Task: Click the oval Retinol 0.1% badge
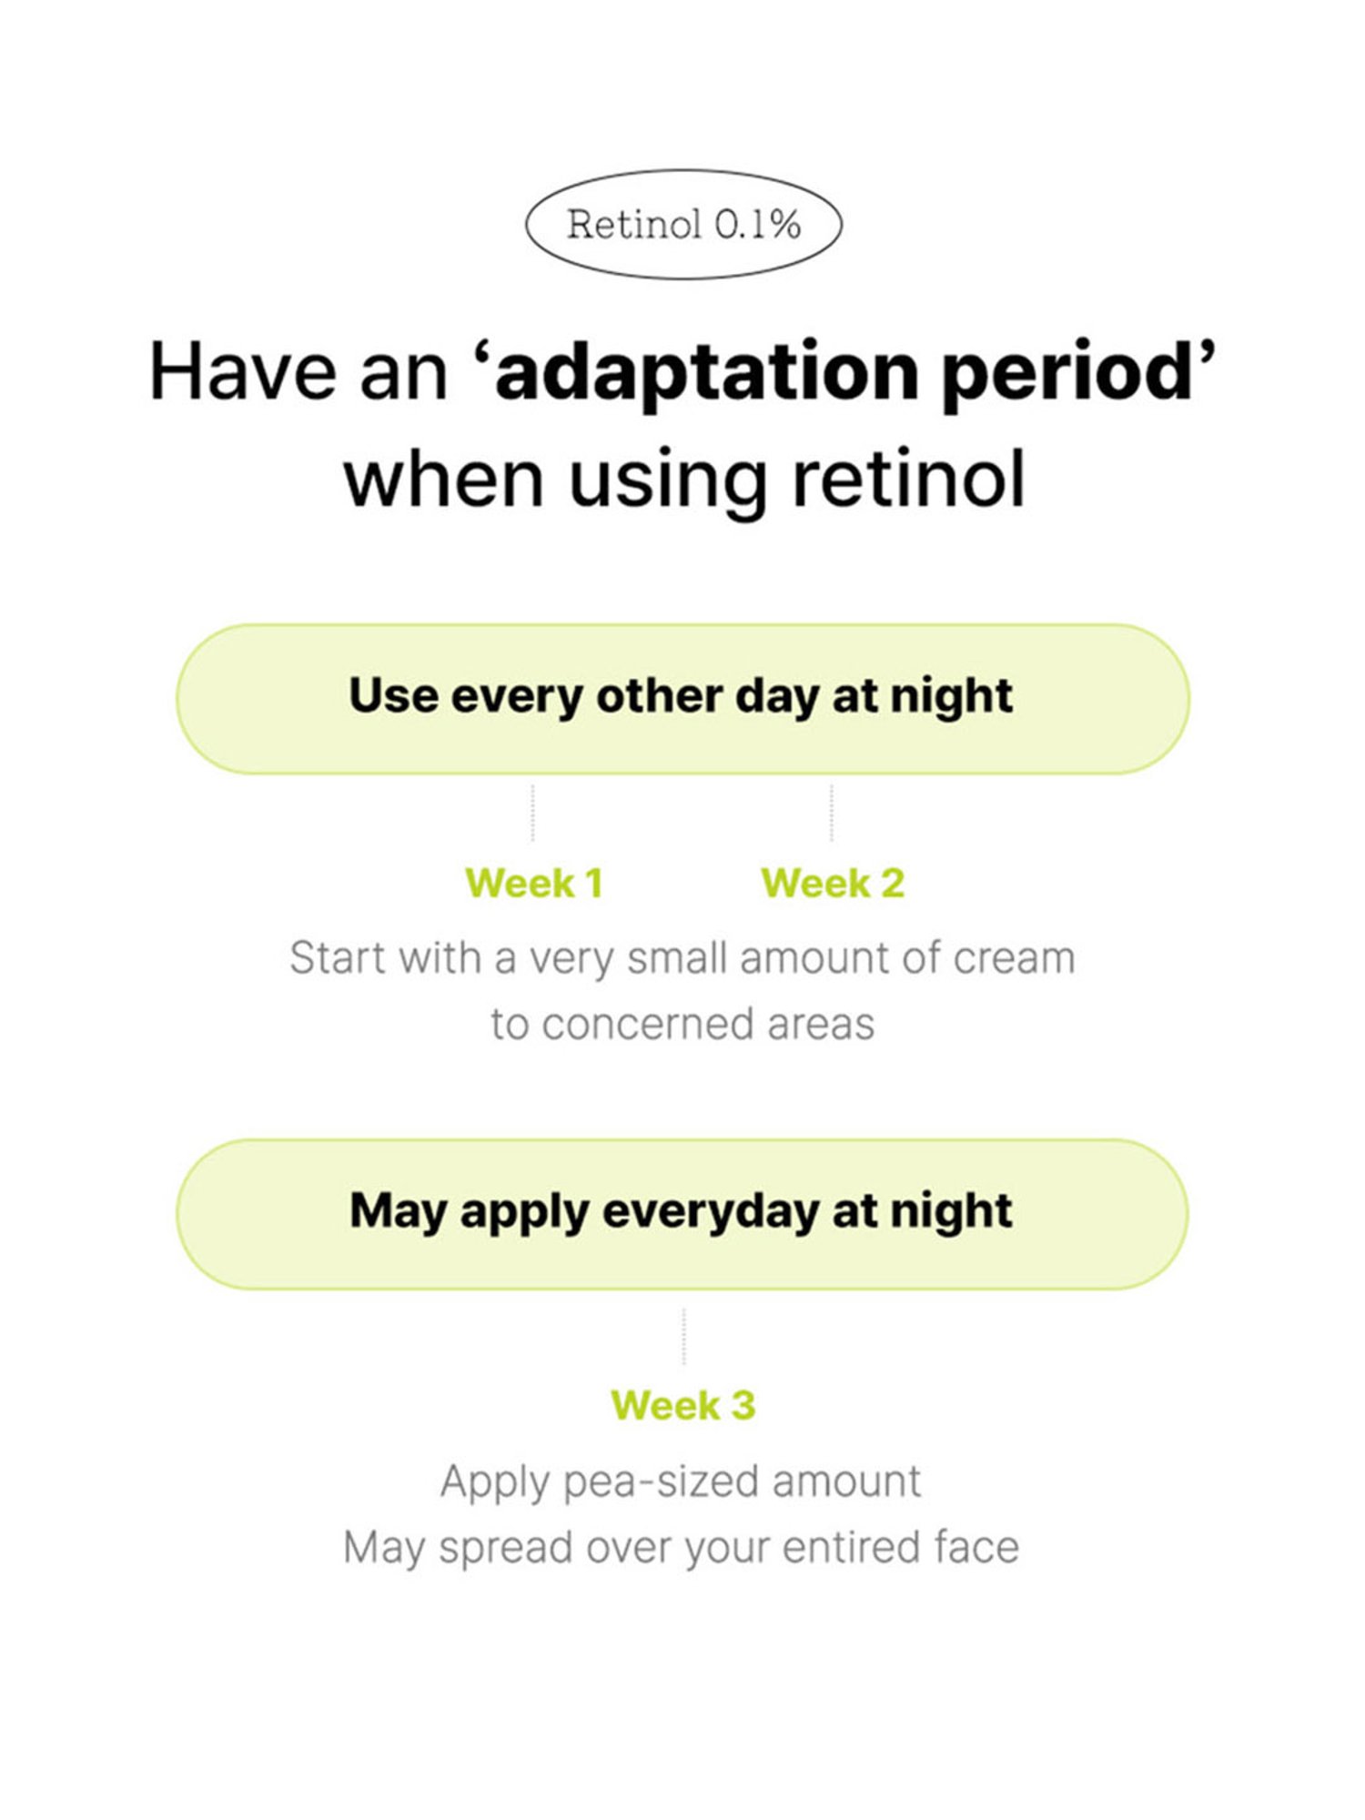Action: click(x=683, y=224)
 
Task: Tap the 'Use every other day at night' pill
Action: click(x=682, y=699)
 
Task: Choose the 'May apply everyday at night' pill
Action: click(x=682, y=1214)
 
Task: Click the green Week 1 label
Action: click(x=534, y=883)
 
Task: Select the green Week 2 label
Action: click(x=833, y=883)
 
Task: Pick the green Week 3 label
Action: click(x=683, y=1405)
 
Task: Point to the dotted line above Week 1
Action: click(x=532, y=813)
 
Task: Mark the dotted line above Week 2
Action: click(x=832, y=813)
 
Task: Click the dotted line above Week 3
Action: click(x=683, y=1336)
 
